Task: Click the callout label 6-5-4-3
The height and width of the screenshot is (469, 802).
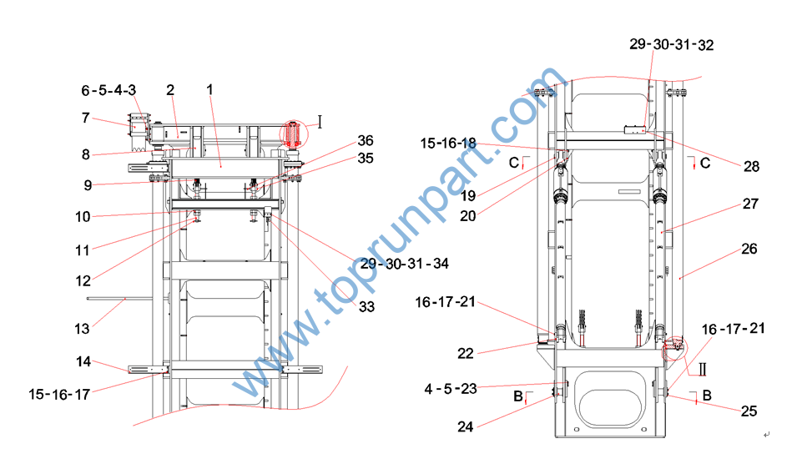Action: pyautogui.click(x=108, y=90)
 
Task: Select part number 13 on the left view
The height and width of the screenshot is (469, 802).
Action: pyautogui.click(x=82, y=328)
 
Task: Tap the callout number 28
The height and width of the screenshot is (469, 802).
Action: pyautogui.click(x=751, y=166)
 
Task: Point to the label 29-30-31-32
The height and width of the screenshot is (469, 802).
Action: pyautogui.click(x=671, y=44)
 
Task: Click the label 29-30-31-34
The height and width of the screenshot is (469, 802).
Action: pyautogui.click(x=405, y=264)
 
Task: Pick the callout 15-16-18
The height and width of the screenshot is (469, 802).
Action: pyautogui.click(x=448, y=144)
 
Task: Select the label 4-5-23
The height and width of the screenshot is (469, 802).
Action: pyautogui.click(x=451, y=389)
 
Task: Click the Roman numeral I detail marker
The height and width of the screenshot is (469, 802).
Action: pyautogui.click(x=320, y=122)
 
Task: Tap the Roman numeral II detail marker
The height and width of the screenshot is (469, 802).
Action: pyautogui.click(x=703, y=369)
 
